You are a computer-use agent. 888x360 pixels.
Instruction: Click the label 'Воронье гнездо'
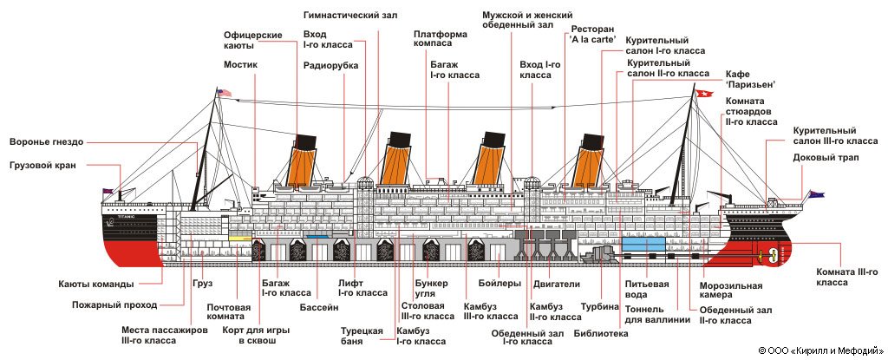pos(46,142)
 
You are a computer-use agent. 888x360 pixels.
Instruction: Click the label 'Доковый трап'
pos(822,157)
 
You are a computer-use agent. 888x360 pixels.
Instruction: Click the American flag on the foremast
pos(225,93)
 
